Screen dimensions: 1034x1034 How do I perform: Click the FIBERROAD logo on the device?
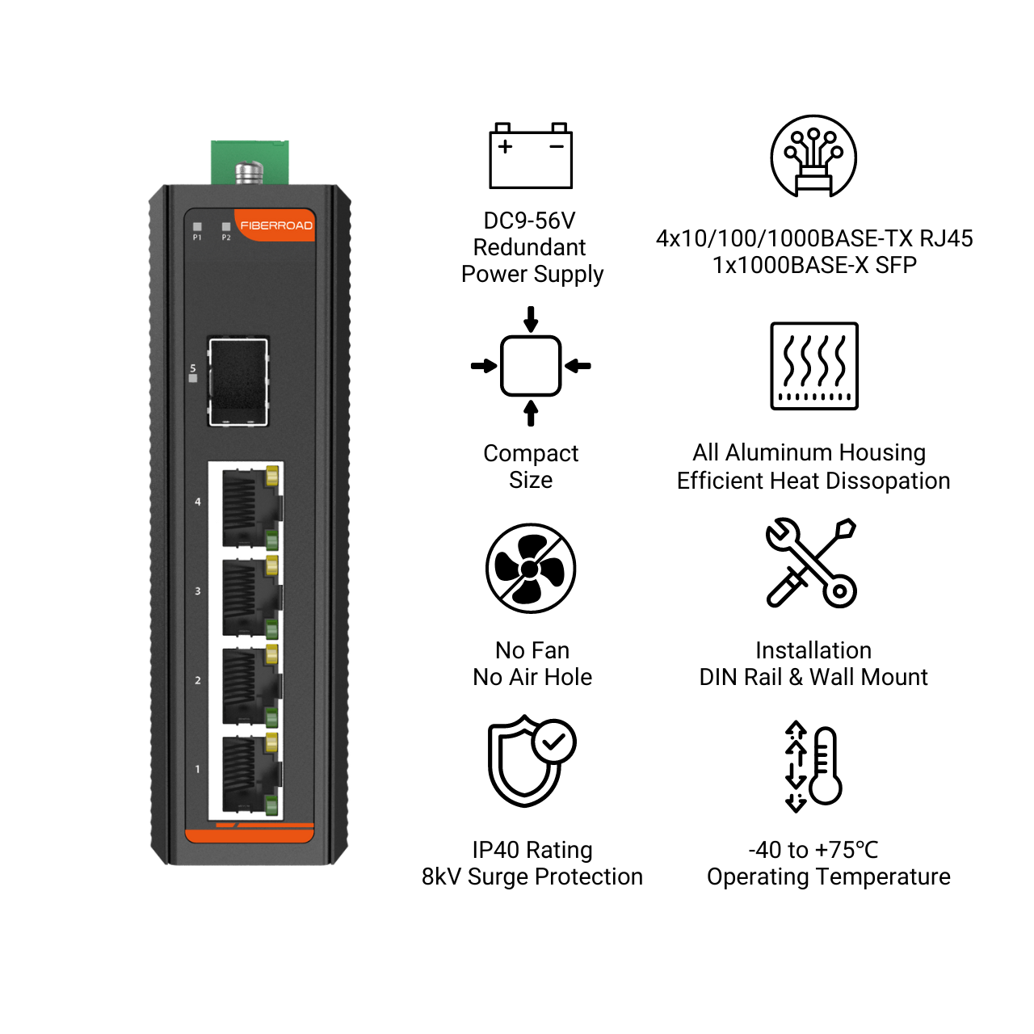coord(275,225)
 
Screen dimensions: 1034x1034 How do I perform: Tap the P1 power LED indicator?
coord(197,227)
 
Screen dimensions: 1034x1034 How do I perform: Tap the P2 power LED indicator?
coord(226,227)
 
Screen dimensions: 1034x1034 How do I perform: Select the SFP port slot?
coord(238,381)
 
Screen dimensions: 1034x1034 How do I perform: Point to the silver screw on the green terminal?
coord(250,173)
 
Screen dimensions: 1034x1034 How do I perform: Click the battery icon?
coord(531,156)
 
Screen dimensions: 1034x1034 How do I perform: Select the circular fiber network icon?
coord(813,156)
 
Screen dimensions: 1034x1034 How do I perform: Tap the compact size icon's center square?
coord(531,366)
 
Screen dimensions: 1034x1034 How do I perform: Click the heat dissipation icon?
coord(814,366)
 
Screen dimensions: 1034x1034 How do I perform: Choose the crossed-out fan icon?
coord(531,568)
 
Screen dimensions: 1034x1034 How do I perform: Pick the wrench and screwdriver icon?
coord(811,563)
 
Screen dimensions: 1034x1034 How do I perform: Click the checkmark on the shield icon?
coord(553,742)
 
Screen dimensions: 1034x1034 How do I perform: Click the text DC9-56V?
coord(529,221)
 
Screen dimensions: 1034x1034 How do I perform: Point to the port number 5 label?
coord(193,368)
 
